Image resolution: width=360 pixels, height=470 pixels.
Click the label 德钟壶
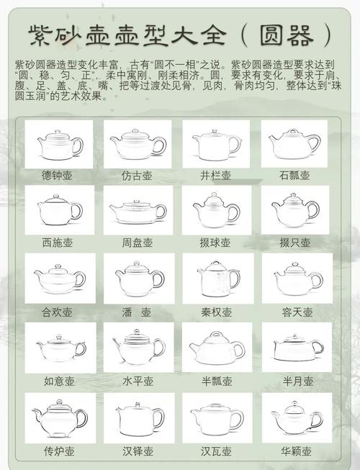tap(58, 176)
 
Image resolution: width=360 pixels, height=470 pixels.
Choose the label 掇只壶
tap(294, 243)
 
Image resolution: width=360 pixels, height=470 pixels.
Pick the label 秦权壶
tap(216, 312)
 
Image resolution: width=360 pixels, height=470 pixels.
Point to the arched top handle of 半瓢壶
tap(216, 335)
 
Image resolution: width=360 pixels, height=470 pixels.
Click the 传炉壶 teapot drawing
tap(58, 417)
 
